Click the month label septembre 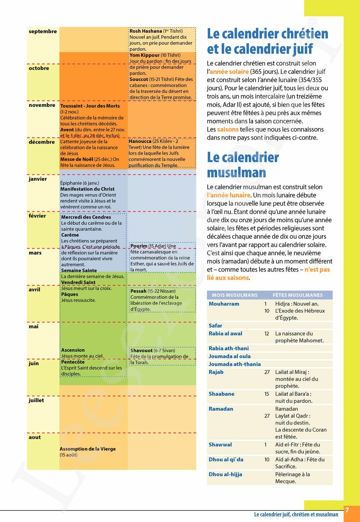coord(43,32)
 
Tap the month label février coord(37,216)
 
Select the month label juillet coord(36,400)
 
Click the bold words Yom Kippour coord(144,55)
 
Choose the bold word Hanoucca coord(140,141)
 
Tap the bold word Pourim coord(139,246)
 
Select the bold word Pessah coord(138,291)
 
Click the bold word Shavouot coord(141,351)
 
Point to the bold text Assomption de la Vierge coord(88,449)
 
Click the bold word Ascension coord(73,350)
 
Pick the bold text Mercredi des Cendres coord(86,217)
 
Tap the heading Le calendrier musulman coord(243,165)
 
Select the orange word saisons coord(228,130)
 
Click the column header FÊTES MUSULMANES coord(297,295)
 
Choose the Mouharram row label coord(224,304)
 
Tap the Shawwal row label coord(220,445)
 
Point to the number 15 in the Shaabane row coord(267,394)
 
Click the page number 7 coord(347,510)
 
